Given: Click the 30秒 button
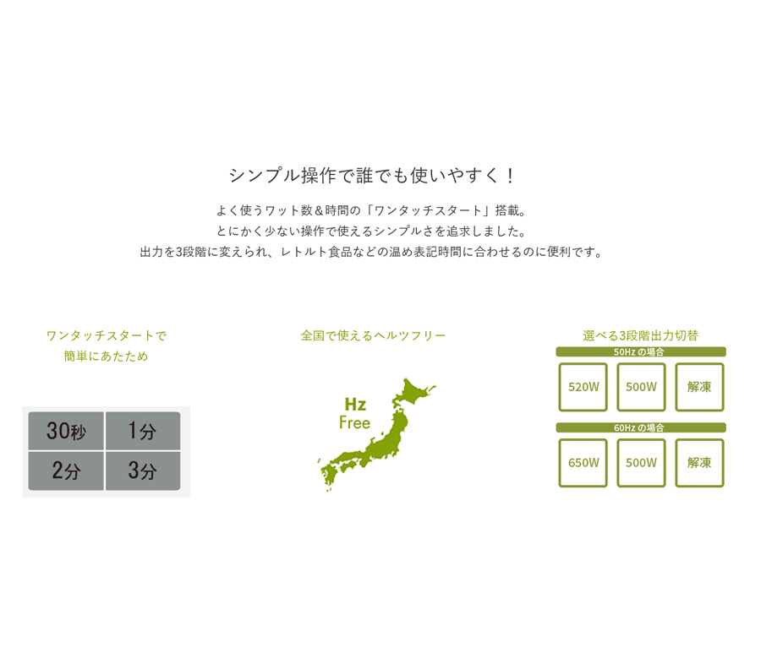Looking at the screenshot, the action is tap(66, 431).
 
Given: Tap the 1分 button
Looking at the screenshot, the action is tap(143, 431).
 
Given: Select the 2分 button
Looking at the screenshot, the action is tap(66, 471).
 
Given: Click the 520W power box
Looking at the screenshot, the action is tap(583, 387).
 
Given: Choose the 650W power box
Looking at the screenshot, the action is tap(583, 463).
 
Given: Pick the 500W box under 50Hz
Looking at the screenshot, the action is tap(641, 387).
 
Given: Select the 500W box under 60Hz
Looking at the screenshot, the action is tap(641, 463).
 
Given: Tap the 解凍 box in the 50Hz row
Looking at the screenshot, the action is tap(699, 387).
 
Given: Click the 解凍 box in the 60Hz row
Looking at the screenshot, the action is tap(699, 463).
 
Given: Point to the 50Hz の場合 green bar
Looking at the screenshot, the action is tap(641, 351).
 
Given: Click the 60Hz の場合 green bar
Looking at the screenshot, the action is tap(641, 427).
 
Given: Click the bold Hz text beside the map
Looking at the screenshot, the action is tap(355, 404).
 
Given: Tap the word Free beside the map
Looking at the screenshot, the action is tap(355, 422).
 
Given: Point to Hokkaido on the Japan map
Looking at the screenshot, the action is tap(412, 392).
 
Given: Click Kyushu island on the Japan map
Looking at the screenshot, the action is tap(330, 476).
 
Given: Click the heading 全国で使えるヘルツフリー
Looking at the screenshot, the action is tap(373, 335).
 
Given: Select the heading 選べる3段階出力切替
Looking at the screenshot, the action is tap(641, 335).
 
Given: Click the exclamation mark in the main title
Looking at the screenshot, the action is tap(510, 176).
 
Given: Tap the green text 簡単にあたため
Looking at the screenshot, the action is tap(106, 356).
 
